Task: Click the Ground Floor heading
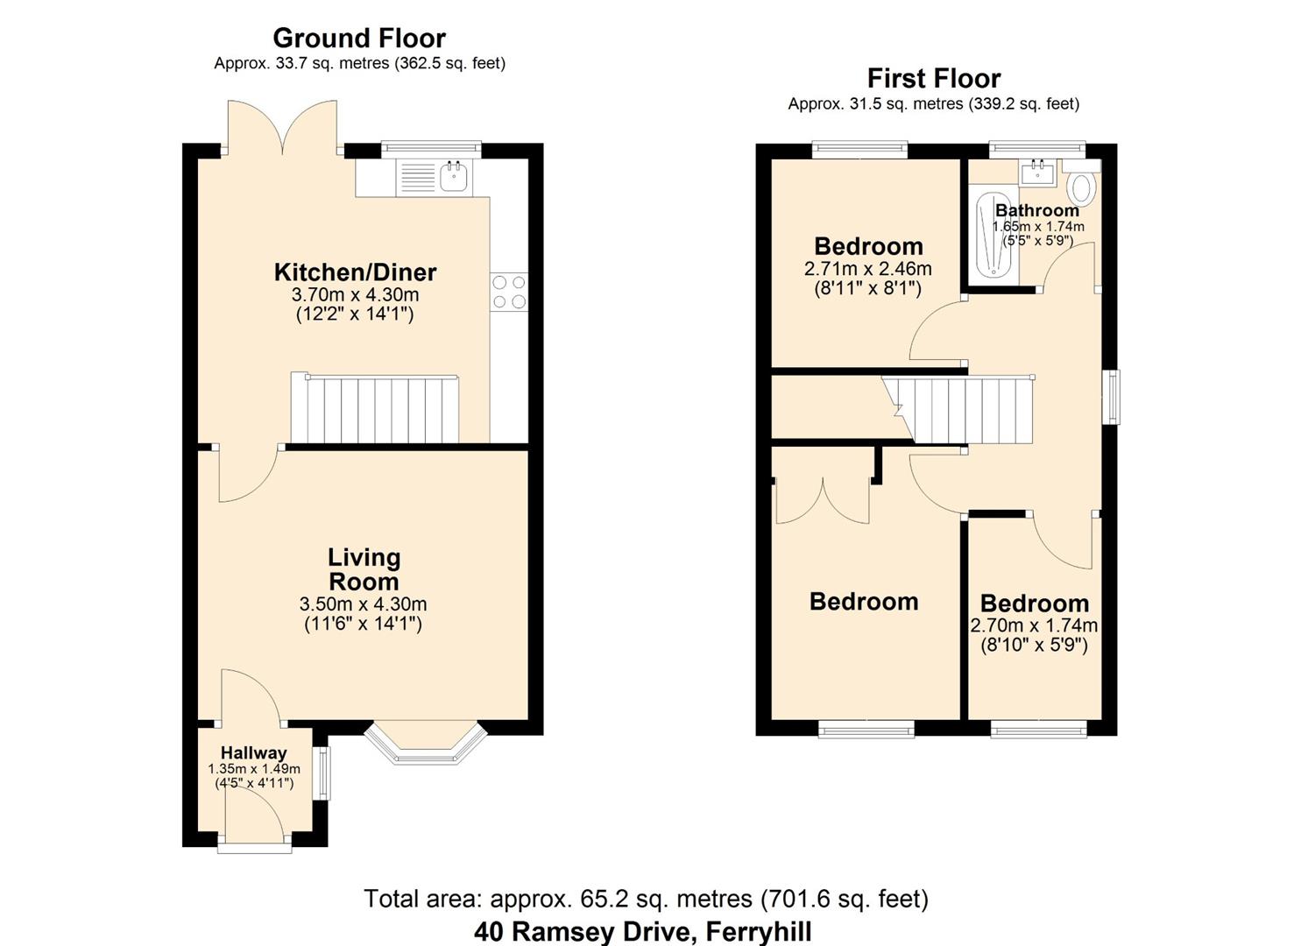click(x=359, y=39)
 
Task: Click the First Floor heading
click(x=933, y=79)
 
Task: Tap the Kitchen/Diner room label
click(x=355, y=272)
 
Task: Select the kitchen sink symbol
click(x=454, y=177)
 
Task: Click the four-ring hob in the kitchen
click(x=509, y=292)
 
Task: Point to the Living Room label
click(x=364, y=569)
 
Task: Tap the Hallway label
click(x=253, y=752)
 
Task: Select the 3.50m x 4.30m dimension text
click(x=363, y=604)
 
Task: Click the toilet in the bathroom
click(x=1084, y=187)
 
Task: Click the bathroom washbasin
click(x=1039, y=171)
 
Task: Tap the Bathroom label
click(x=1037, y=210)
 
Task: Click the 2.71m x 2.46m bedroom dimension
click(x=867, y=269)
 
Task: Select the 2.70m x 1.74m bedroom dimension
click(x=1034, y=626)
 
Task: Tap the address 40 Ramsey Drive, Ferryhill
click(x=643, y=931)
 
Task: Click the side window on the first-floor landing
click(x=1111, y=397)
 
